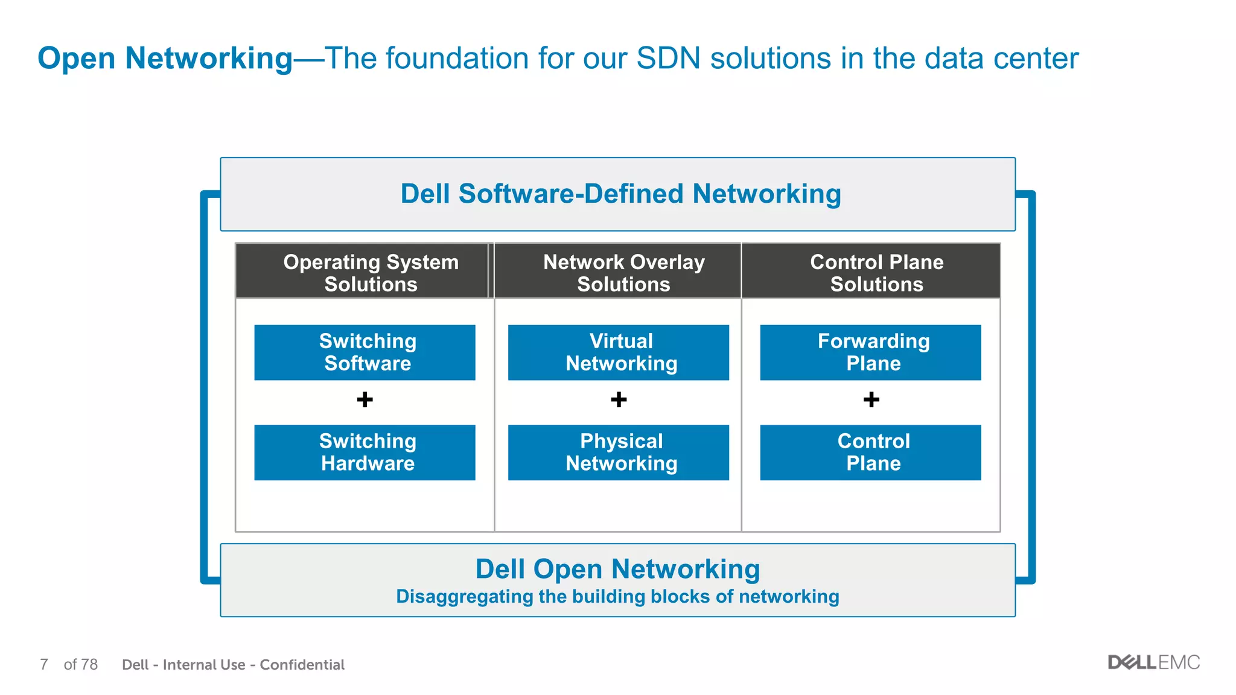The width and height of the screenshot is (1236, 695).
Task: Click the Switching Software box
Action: (365, 352)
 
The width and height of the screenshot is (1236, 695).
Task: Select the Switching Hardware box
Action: (365, 452)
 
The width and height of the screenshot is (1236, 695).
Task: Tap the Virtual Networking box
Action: (618, 352)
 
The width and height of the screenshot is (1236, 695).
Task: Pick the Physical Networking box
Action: (618, 452)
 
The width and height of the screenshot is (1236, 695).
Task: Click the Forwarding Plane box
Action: (870, 352)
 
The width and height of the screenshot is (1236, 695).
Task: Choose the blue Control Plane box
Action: (870, 452)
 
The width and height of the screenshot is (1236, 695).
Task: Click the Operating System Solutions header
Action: (370, 272)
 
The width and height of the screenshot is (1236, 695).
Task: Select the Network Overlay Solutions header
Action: (623, 272)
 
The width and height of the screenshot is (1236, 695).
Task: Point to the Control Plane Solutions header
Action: (876, 272)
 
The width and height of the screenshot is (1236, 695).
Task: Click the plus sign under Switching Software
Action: (365, 399)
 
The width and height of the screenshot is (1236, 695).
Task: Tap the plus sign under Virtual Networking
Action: (619, 399)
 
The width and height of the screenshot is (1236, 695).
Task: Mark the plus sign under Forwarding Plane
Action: (871, 399)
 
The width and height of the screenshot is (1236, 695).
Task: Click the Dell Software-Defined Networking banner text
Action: (620, 194)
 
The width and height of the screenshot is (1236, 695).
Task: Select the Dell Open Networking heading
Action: (617, 569)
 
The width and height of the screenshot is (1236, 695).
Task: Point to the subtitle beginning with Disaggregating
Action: (617, 597)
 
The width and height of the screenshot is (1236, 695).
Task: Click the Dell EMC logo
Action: (1153, 662)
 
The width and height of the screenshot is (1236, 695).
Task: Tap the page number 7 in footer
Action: (44, 664)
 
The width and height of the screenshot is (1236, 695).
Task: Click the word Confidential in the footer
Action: (302, 665)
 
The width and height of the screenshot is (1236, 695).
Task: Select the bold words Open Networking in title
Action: (165, 59)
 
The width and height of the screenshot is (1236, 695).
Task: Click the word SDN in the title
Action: (668, 59)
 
